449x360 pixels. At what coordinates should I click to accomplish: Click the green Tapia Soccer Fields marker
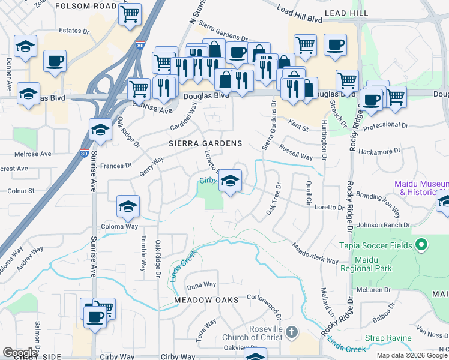pyautogui.click(x=421, y=245)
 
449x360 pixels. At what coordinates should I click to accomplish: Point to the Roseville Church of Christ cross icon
pyautogui.click(x=291, y=332)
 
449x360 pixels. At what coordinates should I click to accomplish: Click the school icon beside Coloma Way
pyautogui.click(x=127, y=206)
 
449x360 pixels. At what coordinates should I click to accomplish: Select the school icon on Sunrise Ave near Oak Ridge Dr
pyautogui.click(x=100, y=130)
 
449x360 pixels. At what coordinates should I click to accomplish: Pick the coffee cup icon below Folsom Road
pyautogui.click(x=55, y=60)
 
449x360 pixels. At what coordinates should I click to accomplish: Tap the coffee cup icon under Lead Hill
pyautogui.click(x=335, y=44)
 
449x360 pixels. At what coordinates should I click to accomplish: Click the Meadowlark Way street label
pyautogui.click(x=315, y=254)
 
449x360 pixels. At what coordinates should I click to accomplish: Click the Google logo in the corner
pyautogui.click(x=20, y=353)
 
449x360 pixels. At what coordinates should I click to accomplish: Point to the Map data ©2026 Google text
pyautogui.click(x=411, y=355)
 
